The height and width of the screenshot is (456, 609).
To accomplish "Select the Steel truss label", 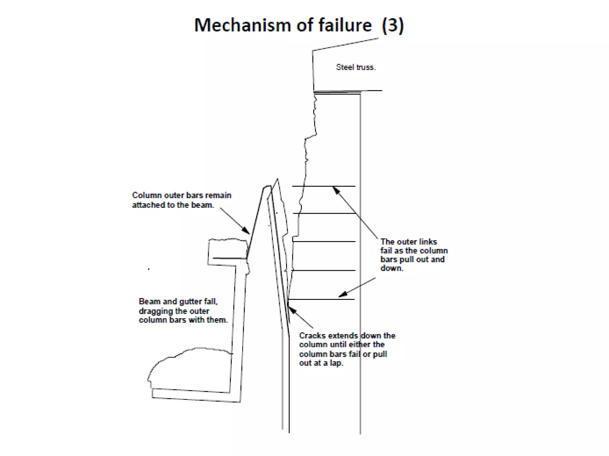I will coord(356,67).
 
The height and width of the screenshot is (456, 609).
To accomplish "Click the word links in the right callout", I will coord(428,242).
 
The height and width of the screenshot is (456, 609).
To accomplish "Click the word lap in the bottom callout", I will coord(336,363).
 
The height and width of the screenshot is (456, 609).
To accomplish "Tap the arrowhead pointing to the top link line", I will coord(336,190).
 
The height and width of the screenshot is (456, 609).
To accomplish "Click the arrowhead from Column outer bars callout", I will coord(246,231).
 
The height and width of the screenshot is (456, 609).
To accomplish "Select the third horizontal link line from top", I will coord(324,242).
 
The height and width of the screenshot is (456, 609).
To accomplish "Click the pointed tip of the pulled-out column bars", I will coord(277,179).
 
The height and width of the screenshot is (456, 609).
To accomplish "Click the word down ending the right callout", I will coord(391,268).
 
